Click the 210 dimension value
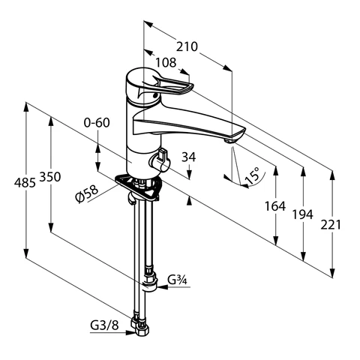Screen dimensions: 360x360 [x=187, y=46]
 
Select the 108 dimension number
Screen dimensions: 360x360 [x=166, y=62]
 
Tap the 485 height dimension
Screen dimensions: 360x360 [x=25, y=183]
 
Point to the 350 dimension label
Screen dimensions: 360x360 [x=50, y=177]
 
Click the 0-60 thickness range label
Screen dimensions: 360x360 [x=97, y=123]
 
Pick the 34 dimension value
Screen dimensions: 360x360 [x=189, y=157]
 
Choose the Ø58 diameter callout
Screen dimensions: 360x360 [x=86, y=194]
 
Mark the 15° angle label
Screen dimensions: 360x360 [x=253, y=175]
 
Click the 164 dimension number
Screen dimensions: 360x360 [x=275, y=206]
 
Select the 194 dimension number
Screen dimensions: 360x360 [x=303, y=214]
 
